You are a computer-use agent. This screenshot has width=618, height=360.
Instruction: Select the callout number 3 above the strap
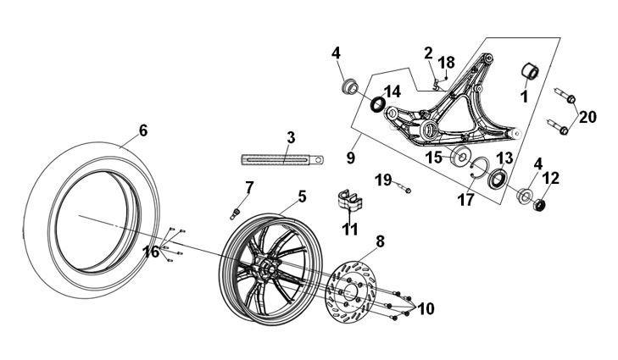[x=290, y=136]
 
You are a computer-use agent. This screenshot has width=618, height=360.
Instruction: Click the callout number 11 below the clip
[x=349, y=229]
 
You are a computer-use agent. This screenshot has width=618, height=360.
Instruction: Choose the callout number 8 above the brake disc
[x=379, y=241]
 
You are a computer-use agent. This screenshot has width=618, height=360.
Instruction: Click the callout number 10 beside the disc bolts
[x=425, y=309]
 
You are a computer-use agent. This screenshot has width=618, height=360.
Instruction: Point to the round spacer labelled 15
[x=465, y=157]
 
